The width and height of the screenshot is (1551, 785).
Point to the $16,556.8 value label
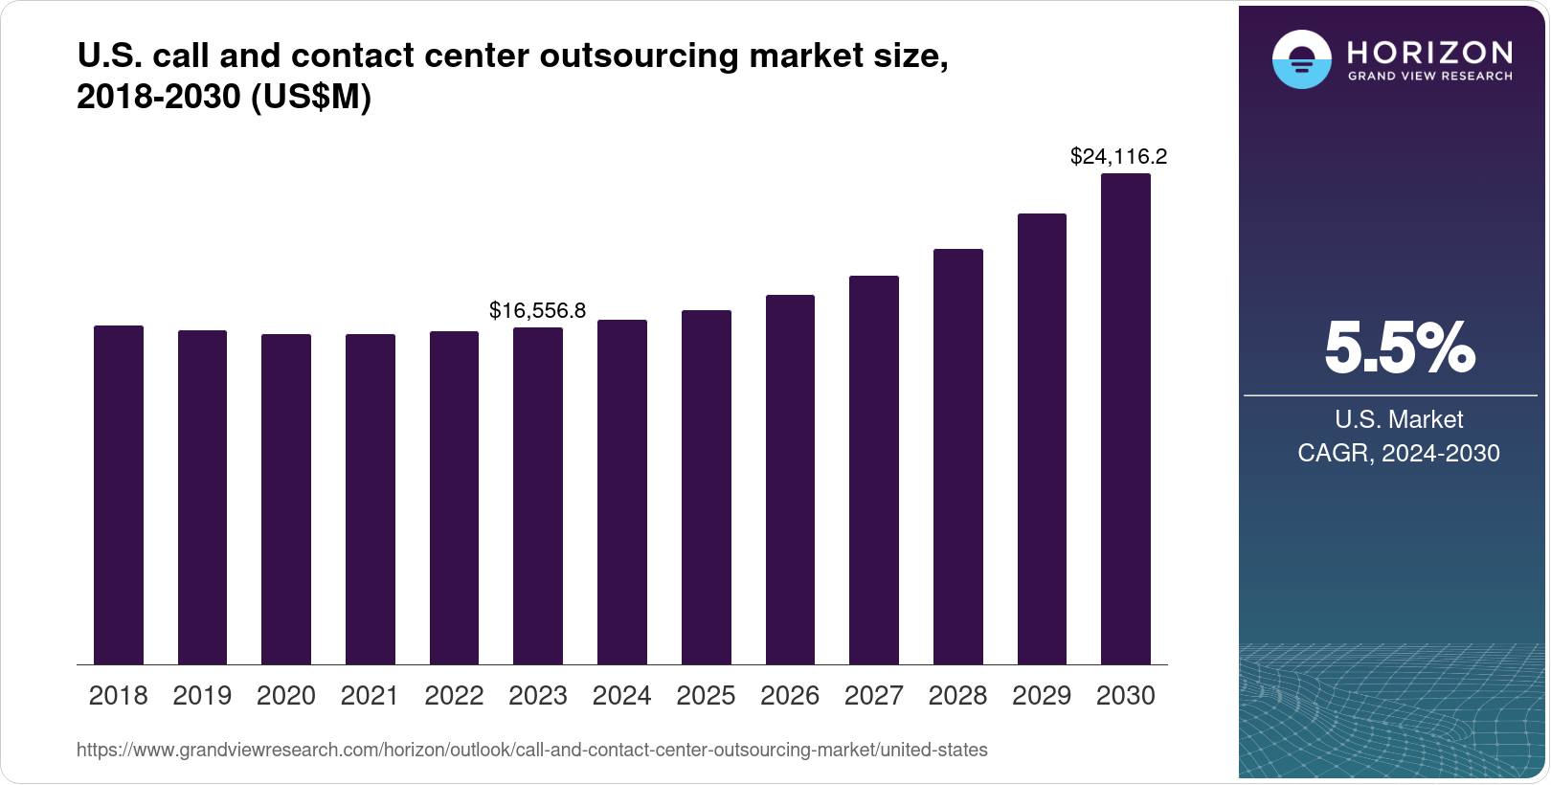pyautogui.click(x=537, y=310)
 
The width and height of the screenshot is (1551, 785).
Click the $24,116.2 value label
pyautogui.click(x=1118, y=156)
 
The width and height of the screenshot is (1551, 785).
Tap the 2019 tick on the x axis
pyautogui.click(x=202, y=696)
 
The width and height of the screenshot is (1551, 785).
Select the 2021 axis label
pyautogui.click(x=370, y=696)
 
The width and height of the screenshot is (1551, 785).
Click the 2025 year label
pyautogui.click(x=706, y=696)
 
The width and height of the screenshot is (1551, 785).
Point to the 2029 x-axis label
pyautogui.click(x=1042, y=696)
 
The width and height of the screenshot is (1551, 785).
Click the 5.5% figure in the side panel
pyautogui.click(x=1399, y=348)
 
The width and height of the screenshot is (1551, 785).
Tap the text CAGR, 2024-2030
pyautogui.click(x=1398, y=453)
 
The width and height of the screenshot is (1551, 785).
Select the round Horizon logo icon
pyautogui.click(x=1301, y=60)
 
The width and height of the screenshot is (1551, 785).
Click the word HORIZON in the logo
pyautogui.click(x=1430, y=52)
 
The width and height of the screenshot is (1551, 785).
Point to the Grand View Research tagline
pyautogui.click(x=1430, y=76)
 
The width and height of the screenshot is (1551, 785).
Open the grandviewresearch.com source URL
pyautogui.click(x=531, y=750)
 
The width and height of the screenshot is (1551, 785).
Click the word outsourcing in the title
pyautogui.click(x=639, y=56)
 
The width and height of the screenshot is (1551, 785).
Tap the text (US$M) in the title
pyautogui.click(x=311, y=98)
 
